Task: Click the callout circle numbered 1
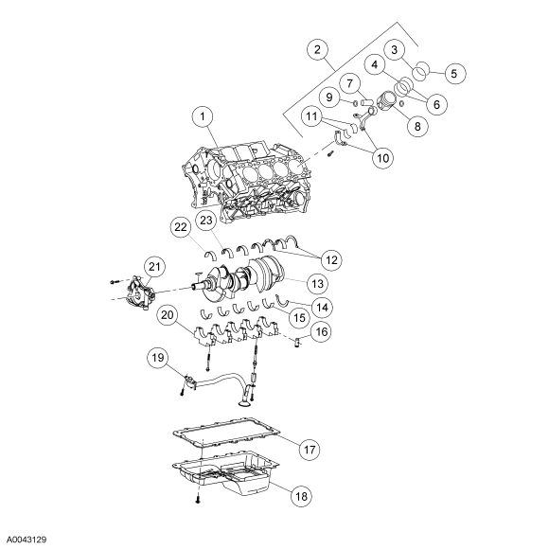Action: (x=200, y=117)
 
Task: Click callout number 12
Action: (x=333, y=257)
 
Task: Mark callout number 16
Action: (x=321, y=332)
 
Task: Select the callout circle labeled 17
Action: (x=312, y=448)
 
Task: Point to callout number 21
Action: (x=156, y=269)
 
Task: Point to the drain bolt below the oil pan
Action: (x=198, y=498)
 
